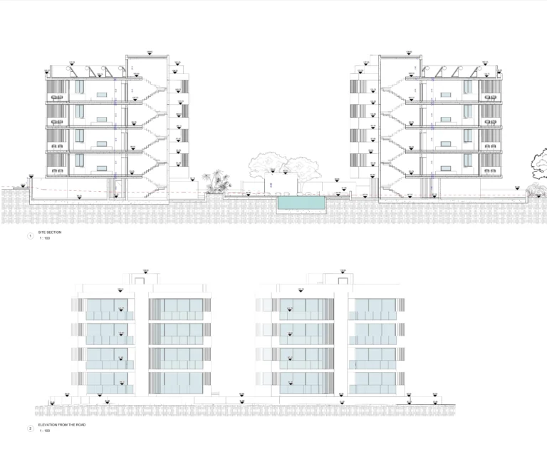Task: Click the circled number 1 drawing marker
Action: (x=30, y=236)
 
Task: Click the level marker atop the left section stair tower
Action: (x=149, y=52)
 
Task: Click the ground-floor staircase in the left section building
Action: (x=151, y=185)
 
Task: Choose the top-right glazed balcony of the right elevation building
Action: (x=372, y=308)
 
